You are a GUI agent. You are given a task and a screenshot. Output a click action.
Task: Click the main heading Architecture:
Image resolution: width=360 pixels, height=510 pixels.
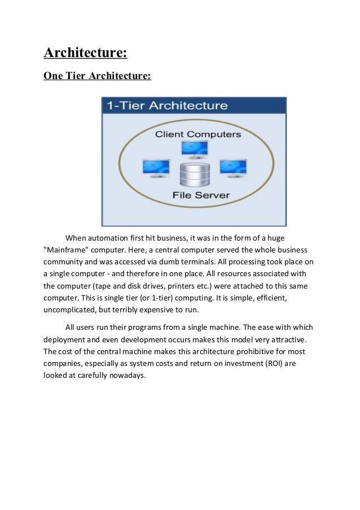pos(85,54)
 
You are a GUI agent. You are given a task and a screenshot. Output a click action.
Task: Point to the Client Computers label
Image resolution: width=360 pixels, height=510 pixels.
pos(198,134)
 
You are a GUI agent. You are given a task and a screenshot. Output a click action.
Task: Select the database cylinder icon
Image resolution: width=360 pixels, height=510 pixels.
pos(194,175)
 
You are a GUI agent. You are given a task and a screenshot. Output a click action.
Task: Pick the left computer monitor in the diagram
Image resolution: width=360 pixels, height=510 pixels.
pos(156,168)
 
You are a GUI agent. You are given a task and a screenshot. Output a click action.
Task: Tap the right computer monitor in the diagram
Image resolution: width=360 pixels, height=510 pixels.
pos(233,168)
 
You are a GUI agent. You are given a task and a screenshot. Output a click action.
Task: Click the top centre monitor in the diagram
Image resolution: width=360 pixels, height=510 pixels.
pos(195,149)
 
